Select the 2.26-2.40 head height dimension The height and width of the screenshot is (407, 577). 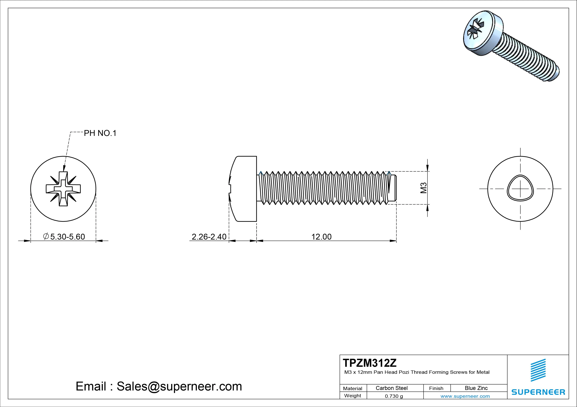tap(209, 237)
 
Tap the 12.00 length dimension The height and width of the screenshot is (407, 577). tap(322, 237)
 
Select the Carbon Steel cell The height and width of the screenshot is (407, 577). tap(392, 388)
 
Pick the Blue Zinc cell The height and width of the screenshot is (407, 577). tap(476, 388)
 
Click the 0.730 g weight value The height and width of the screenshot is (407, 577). tap(394, 396)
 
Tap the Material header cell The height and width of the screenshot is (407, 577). tap(353, 388)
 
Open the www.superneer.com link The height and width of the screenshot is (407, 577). tap(465, 396)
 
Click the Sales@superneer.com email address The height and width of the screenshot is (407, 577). tap(179, 386)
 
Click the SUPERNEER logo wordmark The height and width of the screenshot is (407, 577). tap(538, 392)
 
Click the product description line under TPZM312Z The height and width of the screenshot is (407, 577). tap(417, 372)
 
